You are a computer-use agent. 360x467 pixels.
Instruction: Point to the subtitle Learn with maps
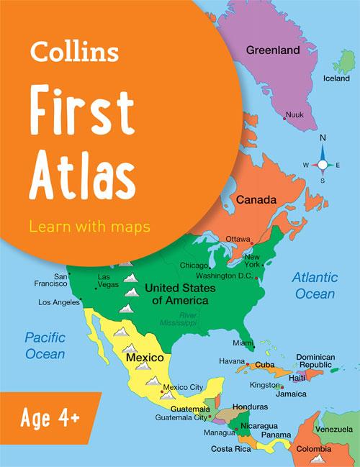(89, 227)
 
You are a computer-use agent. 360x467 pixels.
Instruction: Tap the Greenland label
(273, 51)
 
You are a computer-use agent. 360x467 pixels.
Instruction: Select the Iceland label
(336, 78)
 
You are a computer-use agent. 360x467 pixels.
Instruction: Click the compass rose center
(323, 165)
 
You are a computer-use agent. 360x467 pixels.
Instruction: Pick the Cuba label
(265, 365)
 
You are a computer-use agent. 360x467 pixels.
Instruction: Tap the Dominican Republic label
(316, 361)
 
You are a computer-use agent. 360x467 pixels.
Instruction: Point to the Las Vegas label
(104, 281)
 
